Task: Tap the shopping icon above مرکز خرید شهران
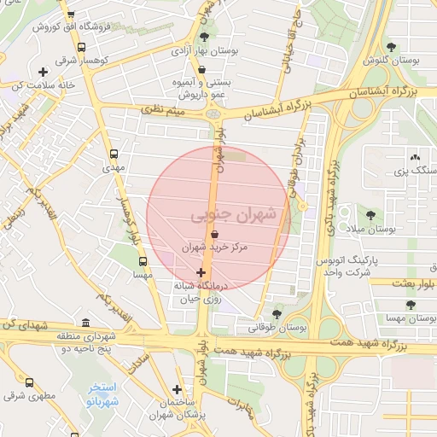(x=213, y=233)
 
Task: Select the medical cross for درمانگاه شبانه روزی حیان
(x=201, y=273)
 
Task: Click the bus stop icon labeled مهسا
(x=143, y=262)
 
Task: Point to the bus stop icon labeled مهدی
(x=114, y=154)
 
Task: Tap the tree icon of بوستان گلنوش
(x=391, y=47)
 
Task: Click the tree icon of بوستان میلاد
(x=370, y=215)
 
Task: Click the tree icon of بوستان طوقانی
(x=276, y=313)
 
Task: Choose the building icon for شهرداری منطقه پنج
(x=84, y=323)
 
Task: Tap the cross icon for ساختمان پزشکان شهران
(x=177, y=389)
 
